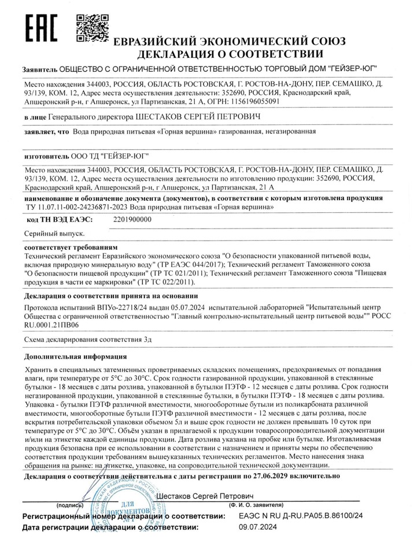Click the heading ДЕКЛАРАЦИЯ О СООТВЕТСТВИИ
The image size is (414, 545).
[x=229, y=55]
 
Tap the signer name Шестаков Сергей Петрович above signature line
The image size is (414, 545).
[x=206, y=496]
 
